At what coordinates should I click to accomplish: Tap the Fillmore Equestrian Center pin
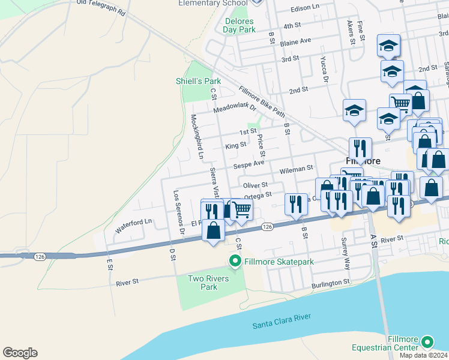pyautogui.click(x=427, y=342)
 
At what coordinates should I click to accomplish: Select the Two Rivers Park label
pyautogui.click(x=202, y=283)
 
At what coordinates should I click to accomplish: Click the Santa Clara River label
pyautogui.click(x=282, y=322)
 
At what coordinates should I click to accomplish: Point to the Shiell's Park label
pyautogui.click(x=198, y=81)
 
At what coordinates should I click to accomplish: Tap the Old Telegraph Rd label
pyautogui.click(x=101, y=7)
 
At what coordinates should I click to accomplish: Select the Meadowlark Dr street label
pyautogui.click(x=235, y=109)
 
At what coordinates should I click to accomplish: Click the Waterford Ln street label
pyautogui.click(x=134, y=224)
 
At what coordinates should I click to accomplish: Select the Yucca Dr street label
pyautogui.click(x=324, y=70)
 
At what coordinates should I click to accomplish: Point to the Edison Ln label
pyautogui.click(x=305, y=8)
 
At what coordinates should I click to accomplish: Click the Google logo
pyautogui.click(x=20, y=353)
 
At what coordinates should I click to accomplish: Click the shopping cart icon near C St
pyautogui.click(x=242, y=209)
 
